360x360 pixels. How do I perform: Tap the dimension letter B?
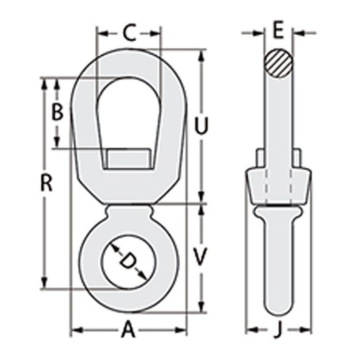click(x=57, y=113)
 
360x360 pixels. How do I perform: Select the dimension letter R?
click(x=45, y=184)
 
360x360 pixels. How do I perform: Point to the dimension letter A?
click(x=128, y=330)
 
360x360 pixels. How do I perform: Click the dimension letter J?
click(x=278, y=330)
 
